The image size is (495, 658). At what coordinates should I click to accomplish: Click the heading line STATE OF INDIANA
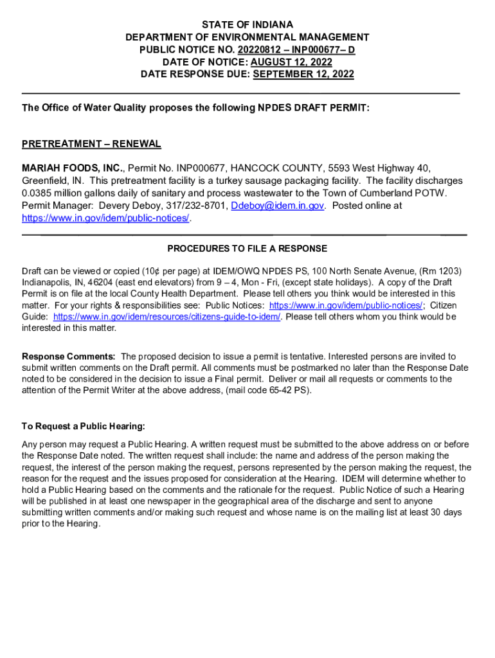[248, 25]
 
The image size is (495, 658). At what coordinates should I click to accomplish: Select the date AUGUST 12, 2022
[291, 62]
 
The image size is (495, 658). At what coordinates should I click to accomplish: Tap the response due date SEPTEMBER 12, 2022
[303, 74]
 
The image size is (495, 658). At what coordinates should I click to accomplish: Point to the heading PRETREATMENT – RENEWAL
[91, 144]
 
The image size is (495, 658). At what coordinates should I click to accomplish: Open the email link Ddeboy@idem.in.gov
[277, 206]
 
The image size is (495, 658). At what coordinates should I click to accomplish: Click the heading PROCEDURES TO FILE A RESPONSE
[248, 249]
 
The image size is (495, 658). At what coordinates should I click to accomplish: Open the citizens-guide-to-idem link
[167, 317]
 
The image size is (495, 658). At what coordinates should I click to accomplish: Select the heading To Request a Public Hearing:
[84, 426]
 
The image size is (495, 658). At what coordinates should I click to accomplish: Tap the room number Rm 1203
[442, 271]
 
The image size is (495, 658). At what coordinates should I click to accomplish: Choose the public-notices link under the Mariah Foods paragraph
[106, 218]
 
